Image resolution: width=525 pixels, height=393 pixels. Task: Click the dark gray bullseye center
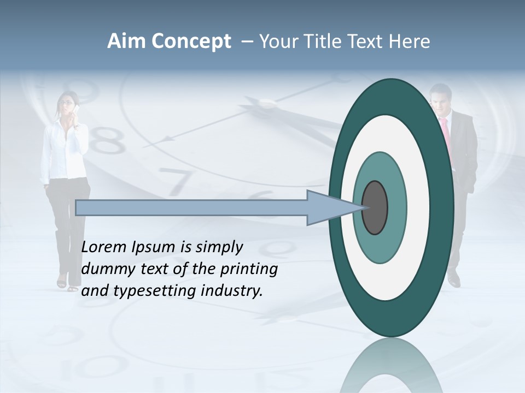tap(375, 208)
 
